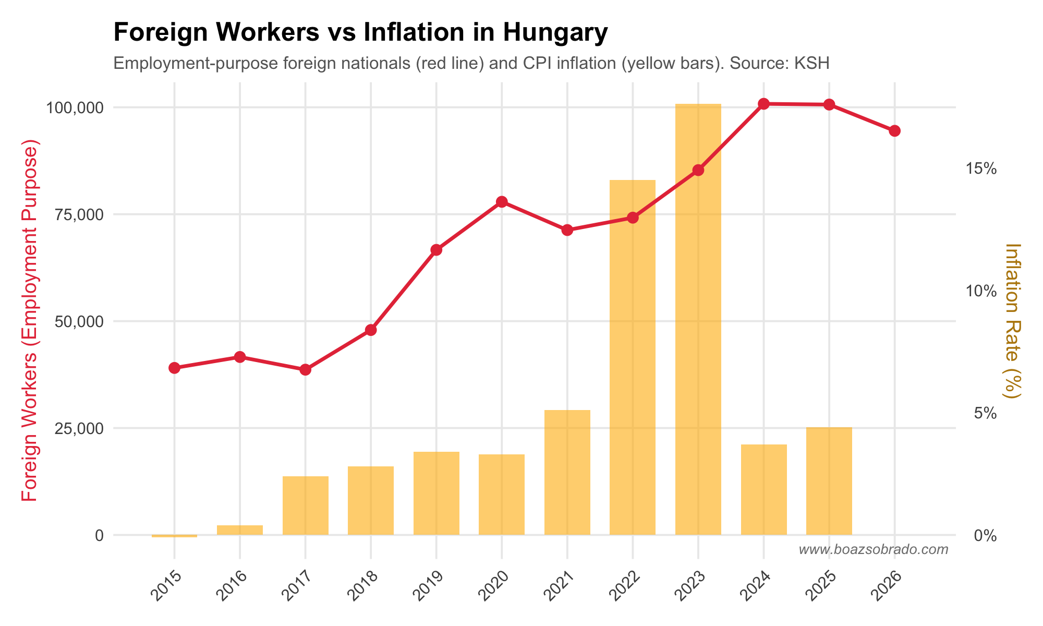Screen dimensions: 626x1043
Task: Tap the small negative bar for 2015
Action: tap(174, 536)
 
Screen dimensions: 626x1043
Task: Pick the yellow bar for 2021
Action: tap(567, 472)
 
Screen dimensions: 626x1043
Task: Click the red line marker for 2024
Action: tap(763, 104)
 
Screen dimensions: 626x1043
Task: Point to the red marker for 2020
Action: tap(502, 202)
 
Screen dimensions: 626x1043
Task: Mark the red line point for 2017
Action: tap(305, 369)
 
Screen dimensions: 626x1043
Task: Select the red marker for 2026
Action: tap(894, 130)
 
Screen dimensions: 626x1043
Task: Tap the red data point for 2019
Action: tap(436, 250)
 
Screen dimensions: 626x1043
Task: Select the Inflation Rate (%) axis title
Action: tap(1012, 321)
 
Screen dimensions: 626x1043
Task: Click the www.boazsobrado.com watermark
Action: tap(873, 549)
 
